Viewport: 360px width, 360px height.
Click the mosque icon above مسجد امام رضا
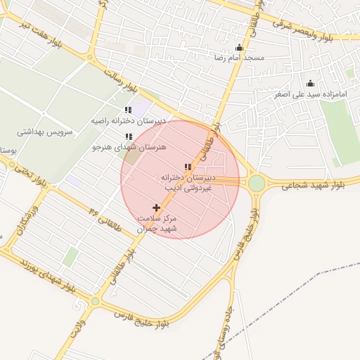(239, 48)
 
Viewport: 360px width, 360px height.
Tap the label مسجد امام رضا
(240, 58)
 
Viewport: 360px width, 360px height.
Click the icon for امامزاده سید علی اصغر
(310, 84)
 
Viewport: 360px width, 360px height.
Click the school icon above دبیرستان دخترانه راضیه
(128, 110)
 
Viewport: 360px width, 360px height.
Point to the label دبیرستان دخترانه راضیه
(129, 121)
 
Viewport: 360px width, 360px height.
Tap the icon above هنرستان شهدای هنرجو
(128, 137)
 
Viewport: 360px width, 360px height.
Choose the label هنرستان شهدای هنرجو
(128, 148)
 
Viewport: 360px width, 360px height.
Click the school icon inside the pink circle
(187, 167)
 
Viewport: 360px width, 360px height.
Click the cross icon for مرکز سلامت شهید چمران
(156, 207)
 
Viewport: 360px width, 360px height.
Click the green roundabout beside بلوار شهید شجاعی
(257, 184)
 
